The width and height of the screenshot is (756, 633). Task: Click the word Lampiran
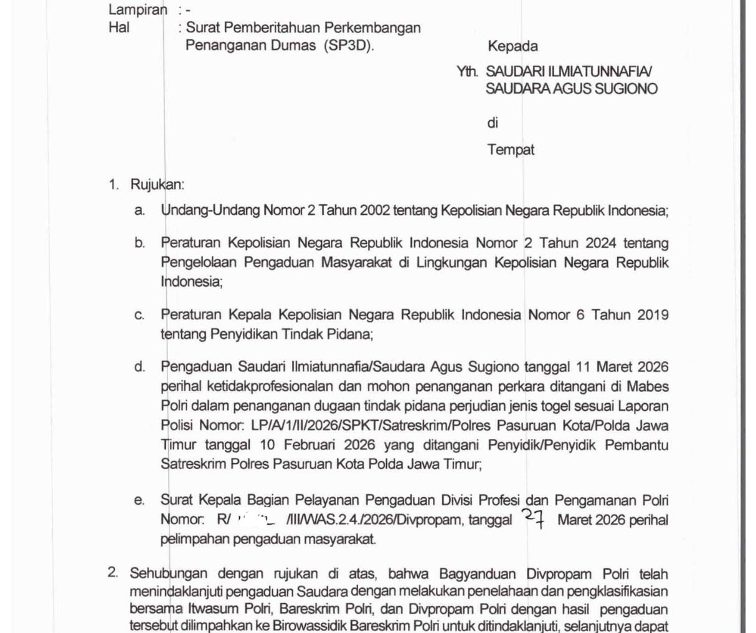pyautogui.click(x=138, y=10)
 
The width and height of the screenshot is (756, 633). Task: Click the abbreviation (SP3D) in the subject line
pyautogui.click(x=349, y=45)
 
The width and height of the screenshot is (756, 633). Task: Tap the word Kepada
pyautogui.click(x=513, y=46)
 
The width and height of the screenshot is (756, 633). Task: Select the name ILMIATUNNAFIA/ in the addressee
pyautogui.click(x=600, y=72)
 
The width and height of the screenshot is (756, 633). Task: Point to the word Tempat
pyautogui.click(x=511, y=150)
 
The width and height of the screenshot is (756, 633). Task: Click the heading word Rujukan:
pyautogui.click(x=157, y=185)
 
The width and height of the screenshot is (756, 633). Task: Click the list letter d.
pyautogui.click(x=139, y=367)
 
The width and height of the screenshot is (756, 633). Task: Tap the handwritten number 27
pyautogui.click(x=534, y=518)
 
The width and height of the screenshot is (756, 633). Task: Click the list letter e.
pyautogui.click(x=139, y=500)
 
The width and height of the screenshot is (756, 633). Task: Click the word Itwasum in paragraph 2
pyautogui.click(x=197, y=610)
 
